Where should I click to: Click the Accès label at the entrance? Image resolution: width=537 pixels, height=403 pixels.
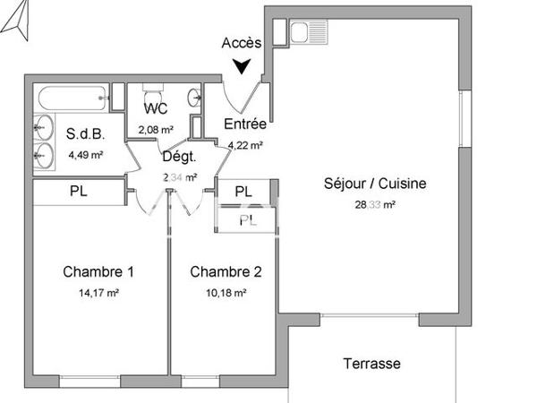[x=241, y=43]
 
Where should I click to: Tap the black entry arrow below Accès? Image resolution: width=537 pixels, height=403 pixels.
[x=241, y=66]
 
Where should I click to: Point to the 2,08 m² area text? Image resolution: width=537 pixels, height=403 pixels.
[x=156, y=130]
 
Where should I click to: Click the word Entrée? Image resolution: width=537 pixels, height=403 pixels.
[x=244, y=124]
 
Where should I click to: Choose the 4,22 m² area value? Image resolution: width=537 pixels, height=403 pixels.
[x=244, y=144]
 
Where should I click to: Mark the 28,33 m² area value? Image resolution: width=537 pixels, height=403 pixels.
[x=375, y=204]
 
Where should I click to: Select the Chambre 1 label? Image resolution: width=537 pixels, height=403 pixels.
[x=98, y=271]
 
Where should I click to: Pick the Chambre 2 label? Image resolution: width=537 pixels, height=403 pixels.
[x=226, y=271]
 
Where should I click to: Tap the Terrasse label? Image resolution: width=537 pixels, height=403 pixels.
[x=371, y=364]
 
